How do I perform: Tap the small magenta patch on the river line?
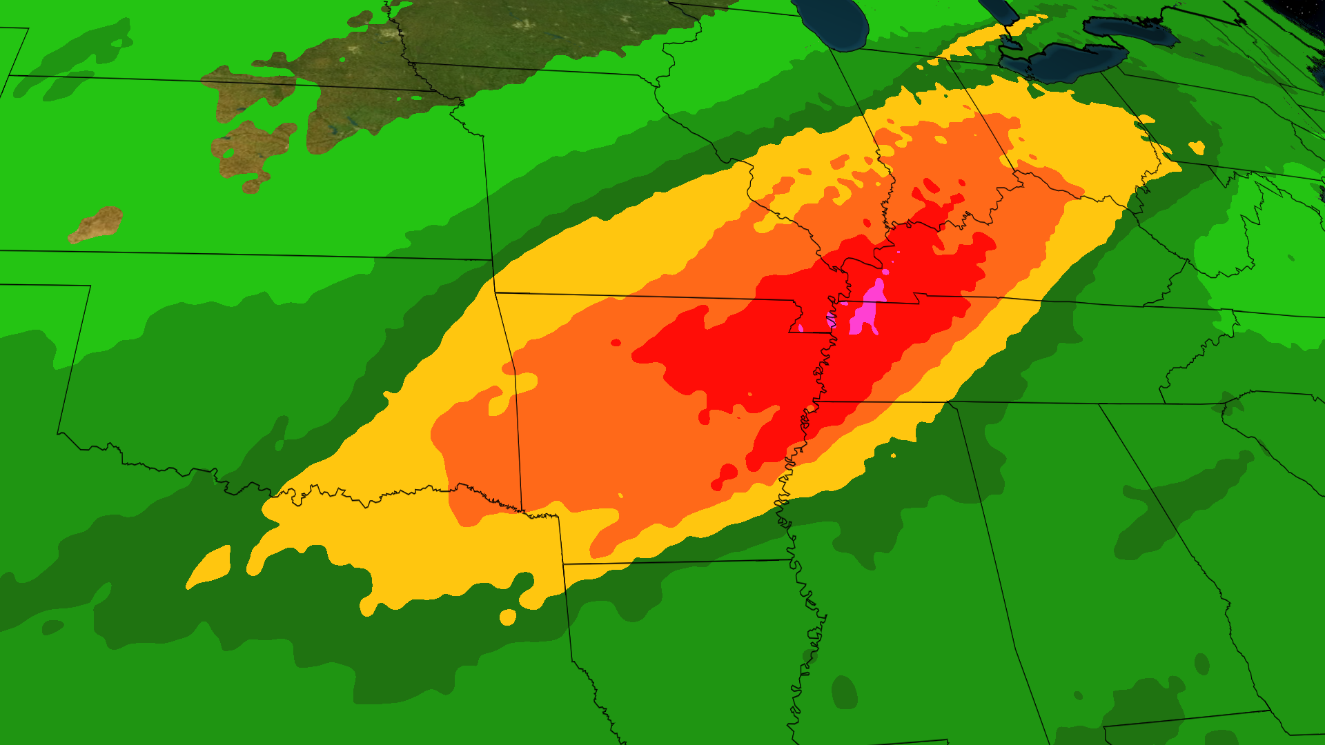coord(831,319)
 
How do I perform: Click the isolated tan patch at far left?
coord(97,224)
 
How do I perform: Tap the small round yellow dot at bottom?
coord(508,617)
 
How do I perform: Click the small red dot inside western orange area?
coord(616,343)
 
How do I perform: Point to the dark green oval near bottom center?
coord(845,691)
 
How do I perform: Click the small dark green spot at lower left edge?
coord(52,628)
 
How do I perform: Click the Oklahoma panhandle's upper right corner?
coord(90,286)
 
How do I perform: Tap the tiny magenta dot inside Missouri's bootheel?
coord(801,328)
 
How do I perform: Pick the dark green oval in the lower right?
coord(1201,664)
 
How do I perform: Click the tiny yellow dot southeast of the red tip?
coord(894,455)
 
